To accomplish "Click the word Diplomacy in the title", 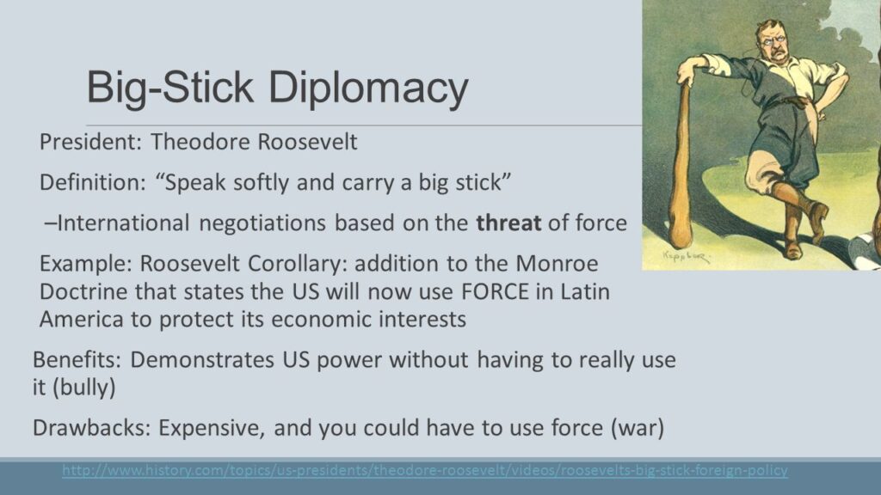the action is (368, 89).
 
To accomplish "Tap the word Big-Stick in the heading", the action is (170, 87).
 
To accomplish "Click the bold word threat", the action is (508, 223).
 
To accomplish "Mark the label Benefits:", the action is (77, 359).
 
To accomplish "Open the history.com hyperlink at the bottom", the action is (425, 470).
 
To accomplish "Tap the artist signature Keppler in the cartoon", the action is (686, 256).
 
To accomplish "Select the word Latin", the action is (585, 292).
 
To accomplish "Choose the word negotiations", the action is (262, 223).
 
